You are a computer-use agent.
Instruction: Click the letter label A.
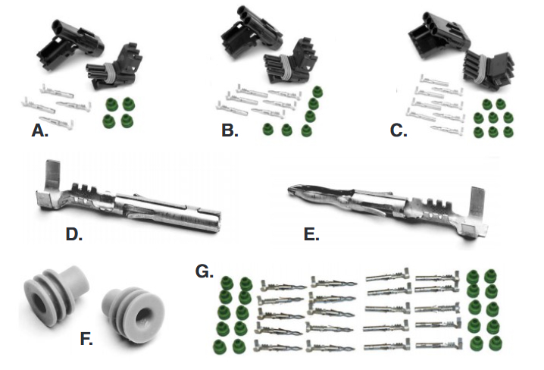click(39, 131)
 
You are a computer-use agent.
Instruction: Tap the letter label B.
click(230, 131)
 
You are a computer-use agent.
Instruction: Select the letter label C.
click(399, 131)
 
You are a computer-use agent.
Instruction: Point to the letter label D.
click(74, 235)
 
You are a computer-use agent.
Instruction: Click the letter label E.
click(311, 235)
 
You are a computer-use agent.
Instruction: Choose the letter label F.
click(86, 339)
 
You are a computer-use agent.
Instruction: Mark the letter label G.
click(205, 271)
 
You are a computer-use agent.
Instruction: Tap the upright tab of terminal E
click(477, 205)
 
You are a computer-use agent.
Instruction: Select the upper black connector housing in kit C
click(438, 33)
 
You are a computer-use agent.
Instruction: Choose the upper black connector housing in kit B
click(252, 30)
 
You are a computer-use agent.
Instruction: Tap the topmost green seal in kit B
click(317, 92)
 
